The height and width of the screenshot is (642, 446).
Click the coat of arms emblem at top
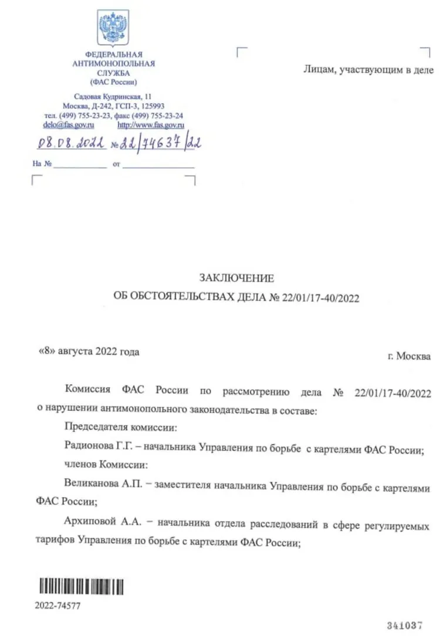point(113,28)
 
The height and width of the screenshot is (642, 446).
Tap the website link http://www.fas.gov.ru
point(151,125)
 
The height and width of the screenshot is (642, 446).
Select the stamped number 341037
point(404,626)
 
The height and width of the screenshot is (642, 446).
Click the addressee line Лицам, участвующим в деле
point(369,69)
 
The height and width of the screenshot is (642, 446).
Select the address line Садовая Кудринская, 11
point(113,96)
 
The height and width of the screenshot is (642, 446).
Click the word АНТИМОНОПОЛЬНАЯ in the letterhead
point(113,63)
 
